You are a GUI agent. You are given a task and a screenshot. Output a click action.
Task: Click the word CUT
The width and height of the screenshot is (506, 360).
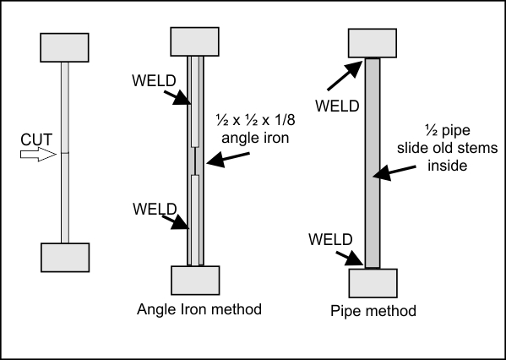(x=36, y=139)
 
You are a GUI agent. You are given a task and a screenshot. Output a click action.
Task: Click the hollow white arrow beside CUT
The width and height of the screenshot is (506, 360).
(x=38, y=155)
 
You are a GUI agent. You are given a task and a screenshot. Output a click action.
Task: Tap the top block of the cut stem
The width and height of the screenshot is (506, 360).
(x=64, y=47)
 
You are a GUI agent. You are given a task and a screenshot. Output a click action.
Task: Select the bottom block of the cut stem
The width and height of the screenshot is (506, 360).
(x=65, y=258)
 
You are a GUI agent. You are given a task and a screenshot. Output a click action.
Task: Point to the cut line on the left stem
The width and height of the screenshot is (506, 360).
(x=65, y=153)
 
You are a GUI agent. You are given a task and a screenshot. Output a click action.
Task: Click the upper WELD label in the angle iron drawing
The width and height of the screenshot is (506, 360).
(x=154, y=81)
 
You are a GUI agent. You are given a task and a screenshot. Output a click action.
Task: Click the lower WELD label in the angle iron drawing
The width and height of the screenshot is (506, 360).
(x=155, y=210)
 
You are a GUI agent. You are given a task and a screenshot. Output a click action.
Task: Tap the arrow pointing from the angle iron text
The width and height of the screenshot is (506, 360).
(x=228, y=160)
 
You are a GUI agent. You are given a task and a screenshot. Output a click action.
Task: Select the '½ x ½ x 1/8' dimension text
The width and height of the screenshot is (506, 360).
(x=255, y=120)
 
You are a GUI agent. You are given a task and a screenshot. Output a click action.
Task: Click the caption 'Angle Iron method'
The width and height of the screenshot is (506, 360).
(x=199, y=309)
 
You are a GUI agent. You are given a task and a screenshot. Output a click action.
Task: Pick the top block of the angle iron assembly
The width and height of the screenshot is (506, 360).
(x=194, y=41)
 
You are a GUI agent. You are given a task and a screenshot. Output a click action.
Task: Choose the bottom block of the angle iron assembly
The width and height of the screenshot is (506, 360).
(x=195, y=281)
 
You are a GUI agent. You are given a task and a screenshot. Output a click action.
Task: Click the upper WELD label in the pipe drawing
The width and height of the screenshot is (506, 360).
(x=337, y=106)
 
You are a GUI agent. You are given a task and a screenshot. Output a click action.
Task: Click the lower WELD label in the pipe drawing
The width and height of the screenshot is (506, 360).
(x=330, y=239)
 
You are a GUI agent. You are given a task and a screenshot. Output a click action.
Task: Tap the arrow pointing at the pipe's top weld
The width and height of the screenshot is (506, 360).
(x=345, y=75)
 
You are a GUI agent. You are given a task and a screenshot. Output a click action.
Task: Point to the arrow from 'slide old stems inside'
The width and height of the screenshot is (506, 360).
(x=394, y=172)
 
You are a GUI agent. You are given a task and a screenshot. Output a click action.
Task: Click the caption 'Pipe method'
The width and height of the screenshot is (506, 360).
(x=373, y=311)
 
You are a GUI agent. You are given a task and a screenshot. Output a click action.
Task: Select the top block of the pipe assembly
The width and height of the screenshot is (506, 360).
(x=373, y=43)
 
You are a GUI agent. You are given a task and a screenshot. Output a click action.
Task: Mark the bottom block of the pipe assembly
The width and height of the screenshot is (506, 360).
(x=373, y=283)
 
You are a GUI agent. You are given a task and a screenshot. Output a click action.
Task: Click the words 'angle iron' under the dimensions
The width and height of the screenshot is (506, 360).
(x=255, y=138)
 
